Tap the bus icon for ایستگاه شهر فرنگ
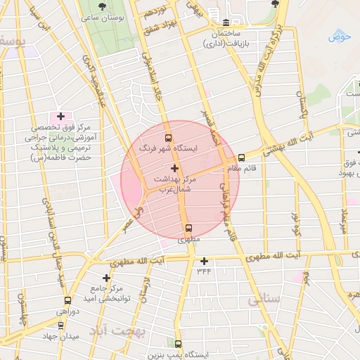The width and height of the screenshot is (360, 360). [x=167, y=138]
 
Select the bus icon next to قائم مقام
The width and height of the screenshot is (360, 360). [x=241, y=158]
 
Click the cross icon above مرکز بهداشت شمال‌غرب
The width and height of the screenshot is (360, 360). [x=174, y=169]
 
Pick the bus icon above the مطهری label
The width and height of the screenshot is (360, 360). [x=188, y=228]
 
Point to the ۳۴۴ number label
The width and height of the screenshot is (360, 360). [x=204, y=270]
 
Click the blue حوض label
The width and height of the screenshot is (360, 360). [x=340, y=35]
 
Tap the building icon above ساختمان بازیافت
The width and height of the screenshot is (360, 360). [x=225, y=22]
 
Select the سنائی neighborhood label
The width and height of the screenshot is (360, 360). [x=264, y=300]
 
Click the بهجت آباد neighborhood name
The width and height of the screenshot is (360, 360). [x=117, y=330]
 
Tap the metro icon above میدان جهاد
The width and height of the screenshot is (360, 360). [x=60, y=326]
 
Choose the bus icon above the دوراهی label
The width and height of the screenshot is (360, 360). [x=58, y=300]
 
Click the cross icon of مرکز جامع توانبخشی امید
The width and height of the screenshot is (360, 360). [x=106, y=278]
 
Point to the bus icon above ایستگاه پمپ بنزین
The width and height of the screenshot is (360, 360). [x=178, y=345]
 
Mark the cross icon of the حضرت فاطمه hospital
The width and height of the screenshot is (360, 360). [x=60, y=116]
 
